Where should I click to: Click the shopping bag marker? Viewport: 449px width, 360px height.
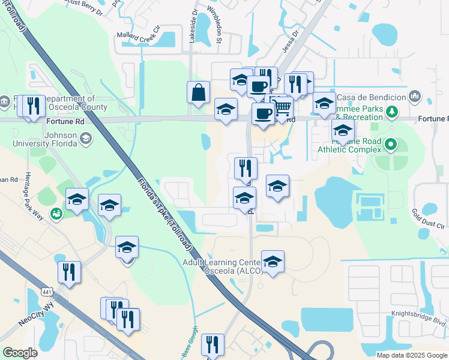[x=198, y=93]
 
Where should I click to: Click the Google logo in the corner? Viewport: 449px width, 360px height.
[x=20, y=353]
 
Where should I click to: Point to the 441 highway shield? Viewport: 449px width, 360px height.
[x=46, y=292]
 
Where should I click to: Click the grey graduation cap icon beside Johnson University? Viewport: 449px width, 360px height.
[x=86, y=139]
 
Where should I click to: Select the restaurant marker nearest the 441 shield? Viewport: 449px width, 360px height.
[x=70, y=271]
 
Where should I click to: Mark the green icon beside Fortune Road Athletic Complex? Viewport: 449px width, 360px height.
[x=391, y=144]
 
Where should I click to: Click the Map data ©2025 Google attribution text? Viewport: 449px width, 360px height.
[x=412, y=355]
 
